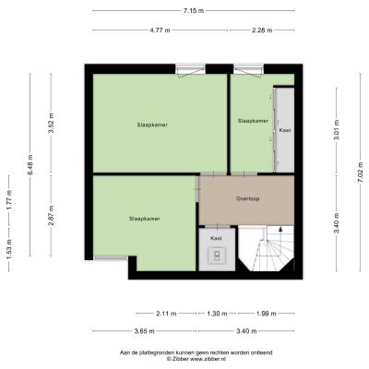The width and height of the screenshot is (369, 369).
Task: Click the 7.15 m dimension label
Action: pos(194,11)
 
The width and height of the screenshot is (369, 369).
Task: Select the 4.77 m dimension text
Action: pos(160,30)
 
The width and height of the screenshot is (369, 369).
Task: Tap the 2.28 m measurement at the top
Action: pos(262,30)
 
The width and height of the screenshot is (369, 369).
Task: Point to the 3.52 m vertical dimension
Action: pos(51,123)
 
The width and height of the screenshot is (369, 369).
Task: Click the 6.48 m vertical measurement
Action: pos(30,164)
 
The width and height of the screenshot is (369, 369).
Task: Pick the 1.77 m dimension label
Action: pos(9,200)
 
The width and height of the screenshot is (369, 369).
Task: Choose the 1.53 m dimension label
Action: pos(9,249)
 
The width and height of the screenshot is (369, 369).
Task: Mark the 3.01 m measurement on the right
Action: pos(337,130)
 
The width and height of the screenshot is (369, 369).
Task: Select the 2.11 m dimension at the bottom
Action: pos(166,314)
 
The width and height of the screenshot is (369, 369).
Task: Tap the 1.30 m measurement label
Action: pos(217,314)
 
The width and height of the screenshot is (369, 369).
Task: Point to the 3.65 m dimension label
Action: pos(145,331)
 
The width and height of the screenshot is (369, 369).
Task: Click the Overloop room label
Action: pos(248,198)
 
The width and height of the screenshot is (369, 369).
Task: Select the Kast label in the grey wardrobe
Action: pos(285,130)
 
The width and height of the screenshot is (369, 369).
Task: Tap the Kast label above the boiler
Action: pos(216,238)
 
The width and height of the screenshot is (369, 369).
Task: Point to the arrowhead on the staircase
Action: pos(280,229)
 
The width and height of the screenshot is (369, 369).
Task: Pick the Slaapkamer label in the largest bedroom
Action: pos(152,125)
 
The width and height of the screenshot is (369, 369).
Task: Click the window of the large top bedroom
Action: pos(191,69)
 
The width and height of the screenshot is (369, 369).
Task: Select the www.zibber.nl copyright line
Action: pos(196,359)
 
